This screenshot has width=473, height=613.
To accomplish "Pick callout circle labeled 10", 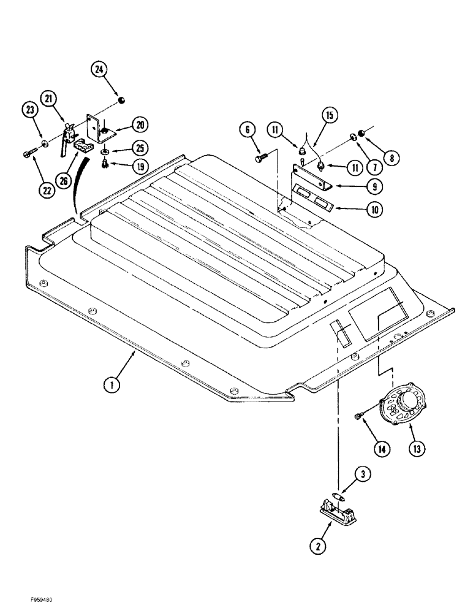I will (373, 210).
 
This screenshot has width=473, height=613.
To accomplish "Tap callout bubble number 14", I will (381, 448).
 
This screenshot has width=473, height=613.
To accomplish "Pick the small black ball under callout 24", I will (121, 100).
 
